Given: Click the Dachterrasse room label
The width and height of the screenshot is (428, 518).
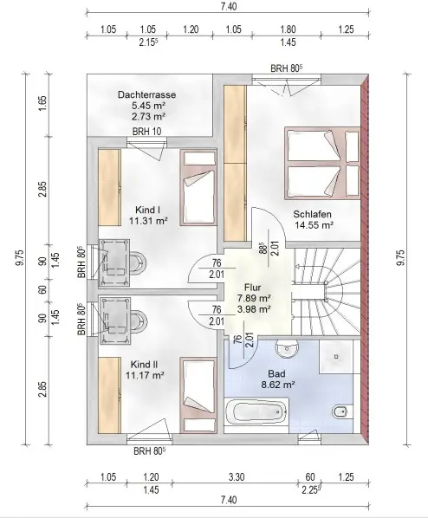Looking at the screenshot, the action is tap(146, 95).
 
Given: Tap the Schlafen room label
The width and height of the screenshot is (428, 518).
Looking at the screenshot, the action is tap(312, 214).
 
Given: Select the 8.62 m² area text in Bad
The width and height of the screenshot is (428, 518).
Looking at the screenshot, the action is tap(278, 385).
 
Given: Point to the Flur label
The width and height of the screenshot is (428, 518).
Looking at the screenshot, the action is tap(252, 287).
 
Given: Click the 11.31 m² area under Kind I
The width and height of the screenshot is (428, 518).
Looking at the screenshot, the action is tap(148, 221).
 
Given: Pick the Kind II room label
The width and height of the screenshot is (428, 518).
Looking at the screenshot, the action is tap(144, 365).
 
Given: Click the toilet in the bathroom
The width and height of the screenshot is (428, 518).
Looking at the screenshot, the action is tap(340, 411).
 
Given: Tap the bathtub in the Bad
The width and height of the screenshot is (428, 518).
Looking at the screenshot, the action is tap(256, 412).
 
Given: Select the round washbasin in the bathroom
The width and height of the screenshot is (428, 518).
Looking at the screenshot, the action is tap(287, 349).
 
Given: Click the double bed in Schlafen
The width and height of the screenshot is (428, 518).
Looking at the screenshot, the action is tap(322, 164).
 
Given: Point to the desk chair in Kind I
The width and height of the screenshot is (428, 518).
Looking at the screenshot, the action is tap(137, 262).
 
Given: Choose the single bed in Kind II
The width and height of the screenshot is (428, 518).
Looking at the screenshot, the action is tap(198, 395).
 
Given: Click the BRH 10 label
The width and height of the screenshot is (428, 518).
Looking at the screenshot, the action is tap(146, 132).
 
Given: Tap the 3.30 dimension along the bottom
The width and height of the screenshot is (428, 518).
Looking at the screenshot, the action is tap(237, 477).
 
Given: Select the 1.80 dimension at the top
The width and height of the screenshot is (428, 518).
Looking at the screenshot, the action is tap(288, 29).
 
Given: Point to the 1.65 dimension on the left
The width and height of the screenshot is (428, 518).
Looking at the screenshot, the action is tap(42, 103).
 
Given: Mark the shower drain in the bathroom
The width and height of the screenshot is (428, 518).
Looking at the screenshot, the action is tap(336, 357).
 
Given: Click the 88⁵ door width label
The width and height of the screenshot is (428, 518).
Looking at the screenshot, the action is tap(263, 248).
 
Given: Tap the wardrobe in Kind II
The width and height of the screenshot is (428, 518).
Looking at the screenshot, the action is tap(109, 395).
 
